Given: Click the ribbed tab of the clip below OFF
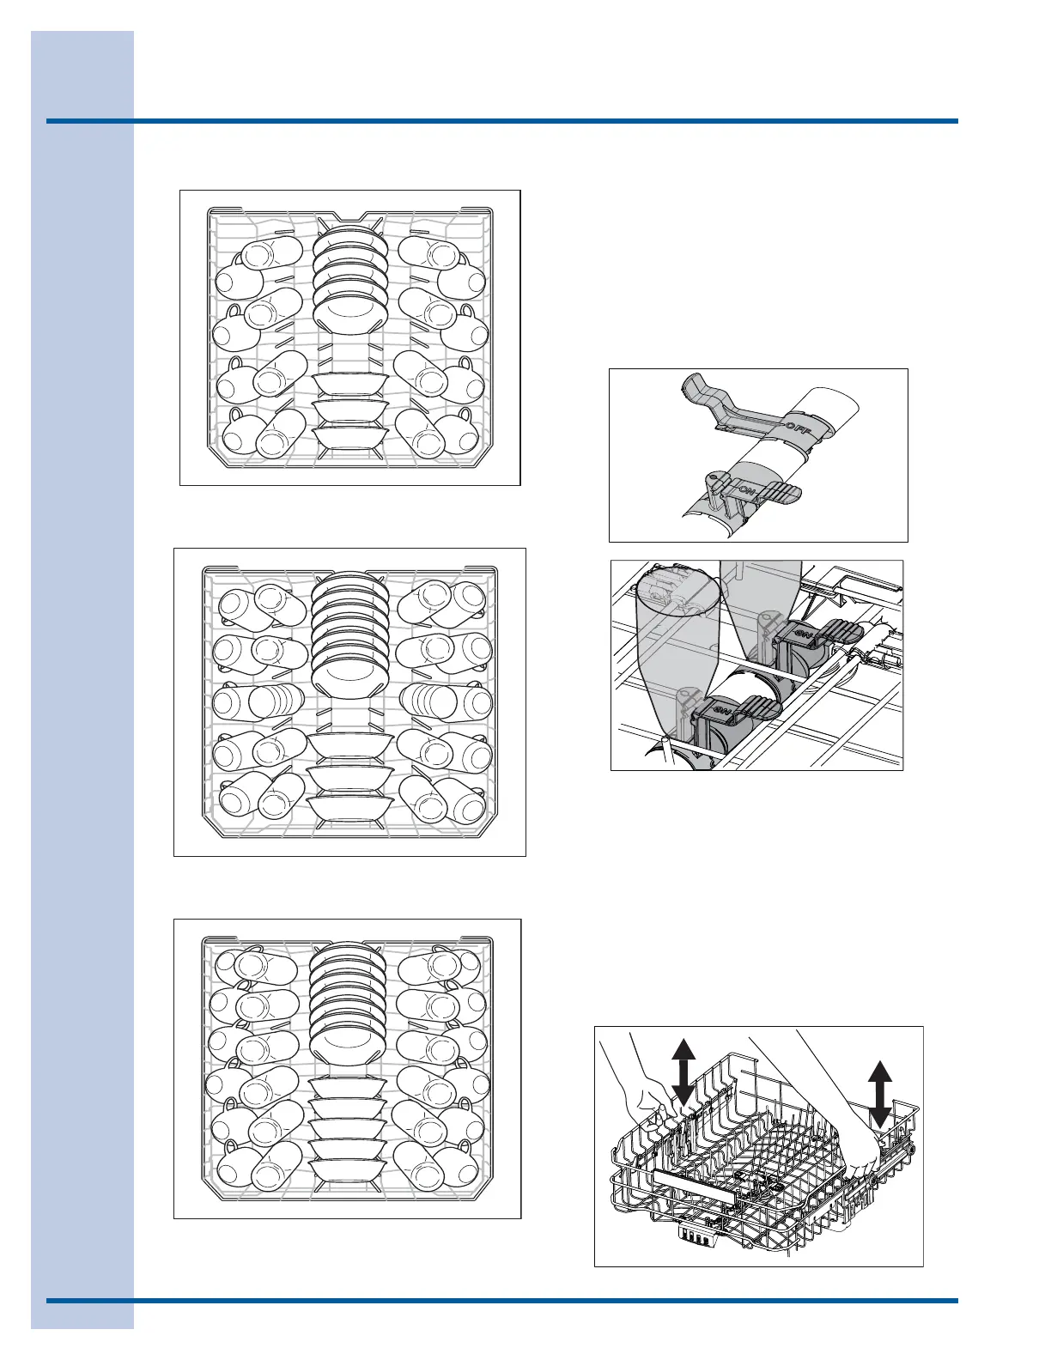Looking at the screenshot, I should tap(778, 492).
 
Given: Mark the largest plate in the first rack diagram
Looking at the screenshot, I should tap(348, 310).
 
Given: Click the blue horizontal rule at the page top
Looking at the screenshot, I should tap(502, 121).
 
